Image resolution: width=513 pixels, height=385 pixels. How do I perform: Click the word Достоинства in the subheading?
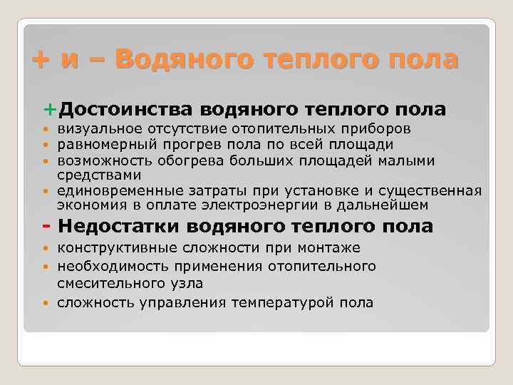(125, 109)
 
